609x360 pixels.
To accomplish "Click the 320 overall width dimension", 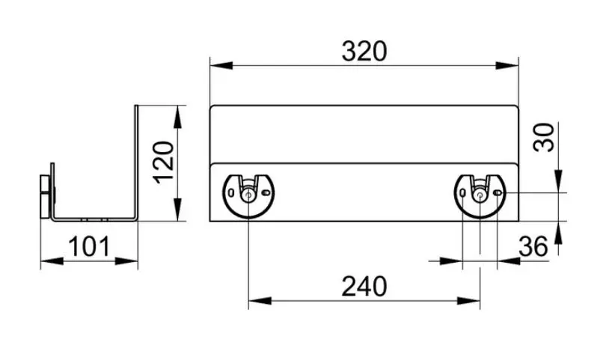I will pos(364,51).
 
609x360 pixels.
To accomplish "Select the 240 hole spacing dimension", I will pos(364,286).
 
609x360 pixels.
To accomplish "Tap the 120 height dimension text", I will pos(165,163).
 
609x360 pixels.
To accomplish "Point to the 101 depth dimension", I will pos(89,245).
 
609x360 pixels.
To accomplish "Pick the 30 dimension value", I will pos(547,137).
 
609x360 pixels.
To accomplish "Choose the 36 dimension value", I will pos(532,245).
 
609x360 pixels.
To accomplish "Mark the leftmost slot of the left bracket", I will pos(231,193).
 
